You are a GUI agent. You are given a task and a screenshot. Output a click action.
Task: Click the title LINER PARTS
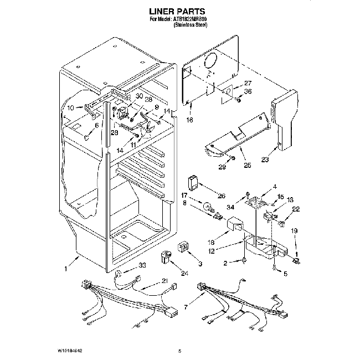pyautogui.click(x=180, y=11)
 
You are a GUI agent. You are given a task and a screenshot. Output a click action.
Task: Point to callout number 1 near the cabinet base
pyautogui.click(x=67, y=270)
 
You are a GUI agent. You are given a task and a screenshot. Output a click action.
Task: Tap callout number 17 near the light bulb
pyautogui.click(x=184, y=195)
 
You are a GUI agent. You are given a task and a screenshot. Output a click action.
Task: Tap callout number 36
pyautogui.click(x=248, y=92)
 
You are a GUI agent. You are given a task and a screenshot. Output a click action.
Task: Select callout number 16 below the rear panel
pyautogui.click(x=189, y=119)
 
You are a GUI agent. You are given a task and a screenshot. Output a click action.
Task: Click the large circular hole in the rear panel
pyautogui.click(x=209, y=62)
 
